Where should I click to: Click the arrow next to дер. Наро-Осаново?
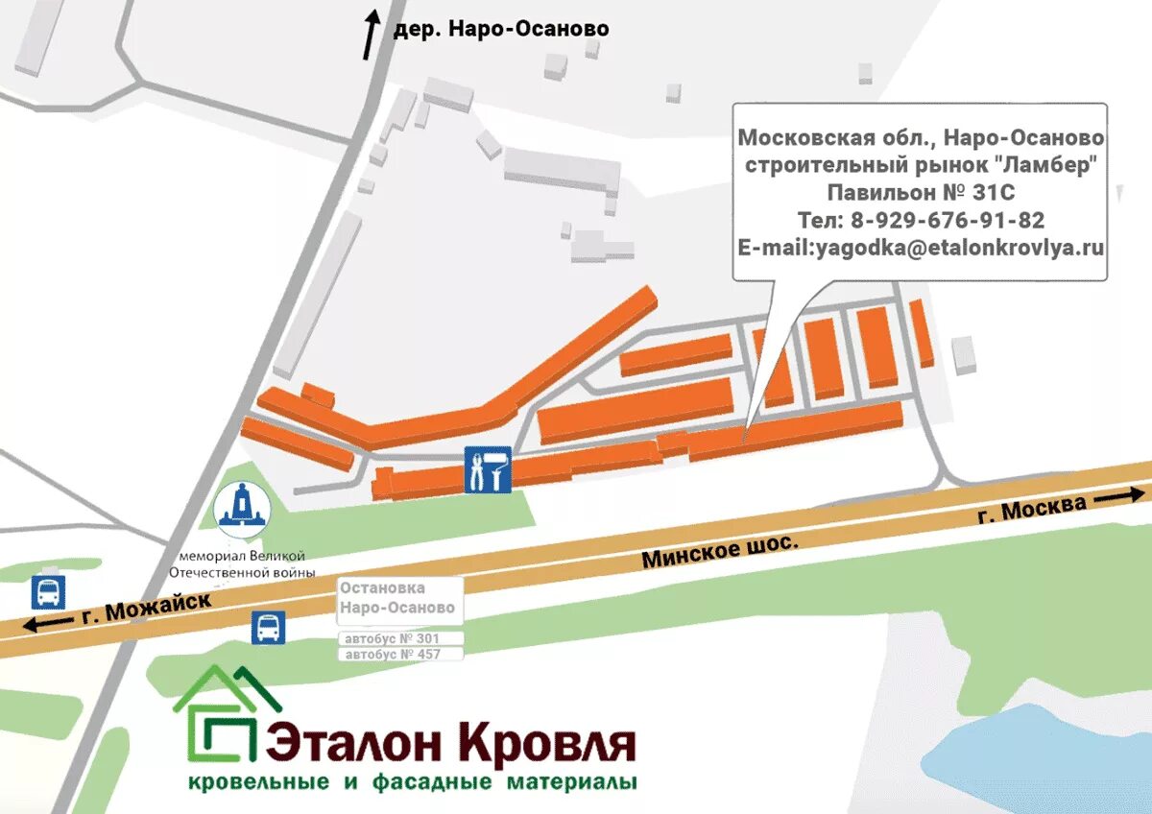(x=371, y=36)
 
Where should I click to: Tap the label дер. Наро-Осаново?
(x=501, y=30)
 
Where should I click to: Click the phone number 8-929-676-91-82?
(x=948, y=220)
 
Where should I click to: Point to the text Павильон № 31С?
(x=921, y=192)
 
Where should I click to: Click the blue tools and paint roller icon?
(x=487, y=469)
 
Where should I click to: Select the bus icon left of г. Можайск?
(x=48, y=592)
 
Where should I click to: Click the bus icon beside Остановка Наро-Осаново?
(x=268, y=627)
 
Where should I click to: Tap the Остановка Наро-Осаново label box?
(x=398, y=599)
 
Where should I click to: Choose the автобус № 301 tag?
(x=401, y=638)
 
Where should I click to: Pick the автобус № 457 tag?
(x=401, y=654)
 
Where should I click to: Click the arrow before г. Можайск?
(x=45, y=624)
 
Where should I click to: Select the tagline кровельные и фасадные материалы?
(x=413, y=782)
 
